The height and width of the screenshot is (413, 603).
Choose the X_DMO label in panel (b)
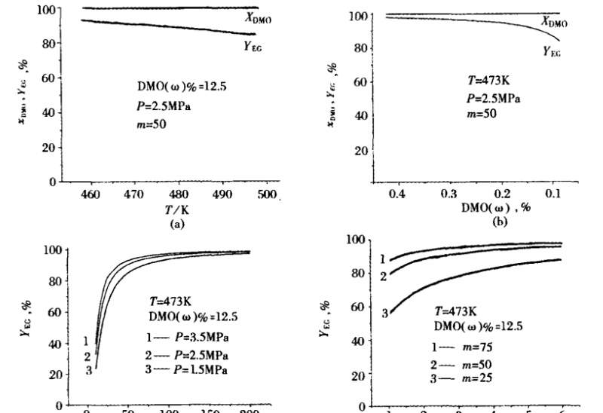tap(553, 23)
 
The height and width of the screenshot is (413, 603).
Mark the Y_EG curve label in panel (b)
tap(553, 52)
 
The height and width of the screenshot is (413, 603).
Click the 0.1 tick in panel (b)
tap(555, 194)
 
